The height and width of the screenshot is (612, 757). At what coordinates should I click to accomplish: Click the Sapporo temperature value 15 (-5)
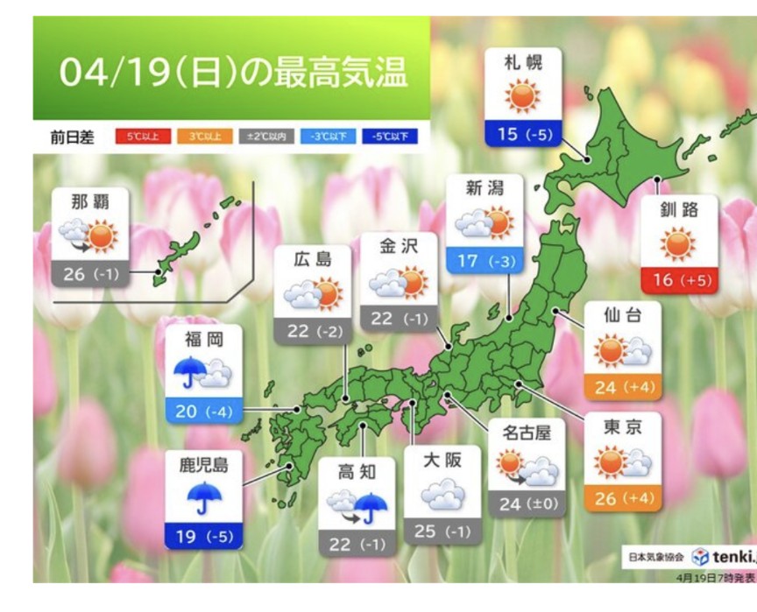[x=523, y=135]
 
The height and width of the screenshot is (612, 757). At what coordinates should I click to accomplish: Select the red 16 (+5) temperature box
[x=678, y=280]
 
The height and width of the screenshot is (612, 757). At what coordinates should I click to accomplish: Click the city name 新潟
[x=485, y=188]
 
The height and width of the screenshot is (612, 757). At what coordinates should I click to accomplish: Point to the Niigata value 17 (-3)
[x=485, y=260]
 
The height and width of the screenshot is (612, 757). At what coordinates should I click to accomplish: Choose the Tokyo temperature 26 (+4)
[x=622, y=498]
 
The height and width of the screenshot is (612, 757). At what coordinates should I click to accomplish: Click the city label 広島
[x=312, y=258]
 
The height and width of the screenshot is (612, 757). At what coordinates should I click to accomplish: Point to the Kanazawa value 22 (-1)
[x=399, y=319]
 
